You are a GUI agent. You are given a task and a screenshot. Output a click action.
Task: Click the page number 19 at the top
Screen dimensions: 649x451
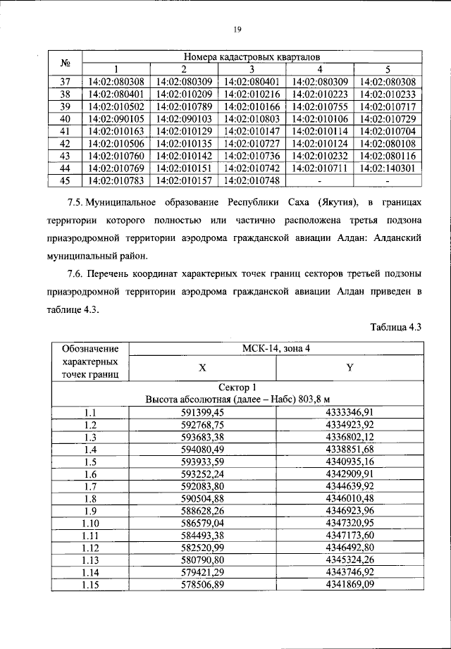tap(237, 29)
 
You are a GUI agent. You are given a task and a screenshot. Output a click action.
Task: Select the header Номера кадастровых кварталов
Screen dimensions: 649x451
tap(252, 56)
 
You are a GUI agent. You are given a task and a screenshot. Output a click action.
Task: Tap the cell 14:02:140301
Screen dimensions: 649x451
tap(388, 168)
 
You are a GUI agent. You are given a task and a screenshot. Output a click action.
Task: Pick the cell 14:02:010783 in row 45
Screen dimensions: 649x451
tap(116, 180)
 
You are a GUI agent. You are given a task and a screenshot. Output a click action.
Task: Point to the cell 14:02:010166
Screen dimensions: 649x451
tap(252, 106)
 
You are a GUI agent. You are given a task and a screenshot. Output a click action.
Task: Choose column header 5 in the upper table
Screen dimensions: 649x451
tap(388, 68)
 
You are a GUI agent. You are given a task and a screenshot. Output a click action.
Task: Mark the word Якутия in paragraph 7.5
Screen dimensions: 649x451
tap(340, 202)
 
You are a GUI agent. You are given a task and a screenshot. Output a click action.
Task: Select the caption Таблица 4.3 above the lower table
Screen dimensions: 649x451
tap(395, 327)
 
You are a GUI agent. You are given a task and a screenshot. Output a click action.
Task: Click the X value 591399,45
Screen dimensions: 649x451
tap(203, 412)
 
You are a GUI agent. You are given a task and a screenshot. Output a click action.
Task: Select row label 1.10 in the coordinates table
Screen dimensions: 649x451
tap(89, 525)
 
